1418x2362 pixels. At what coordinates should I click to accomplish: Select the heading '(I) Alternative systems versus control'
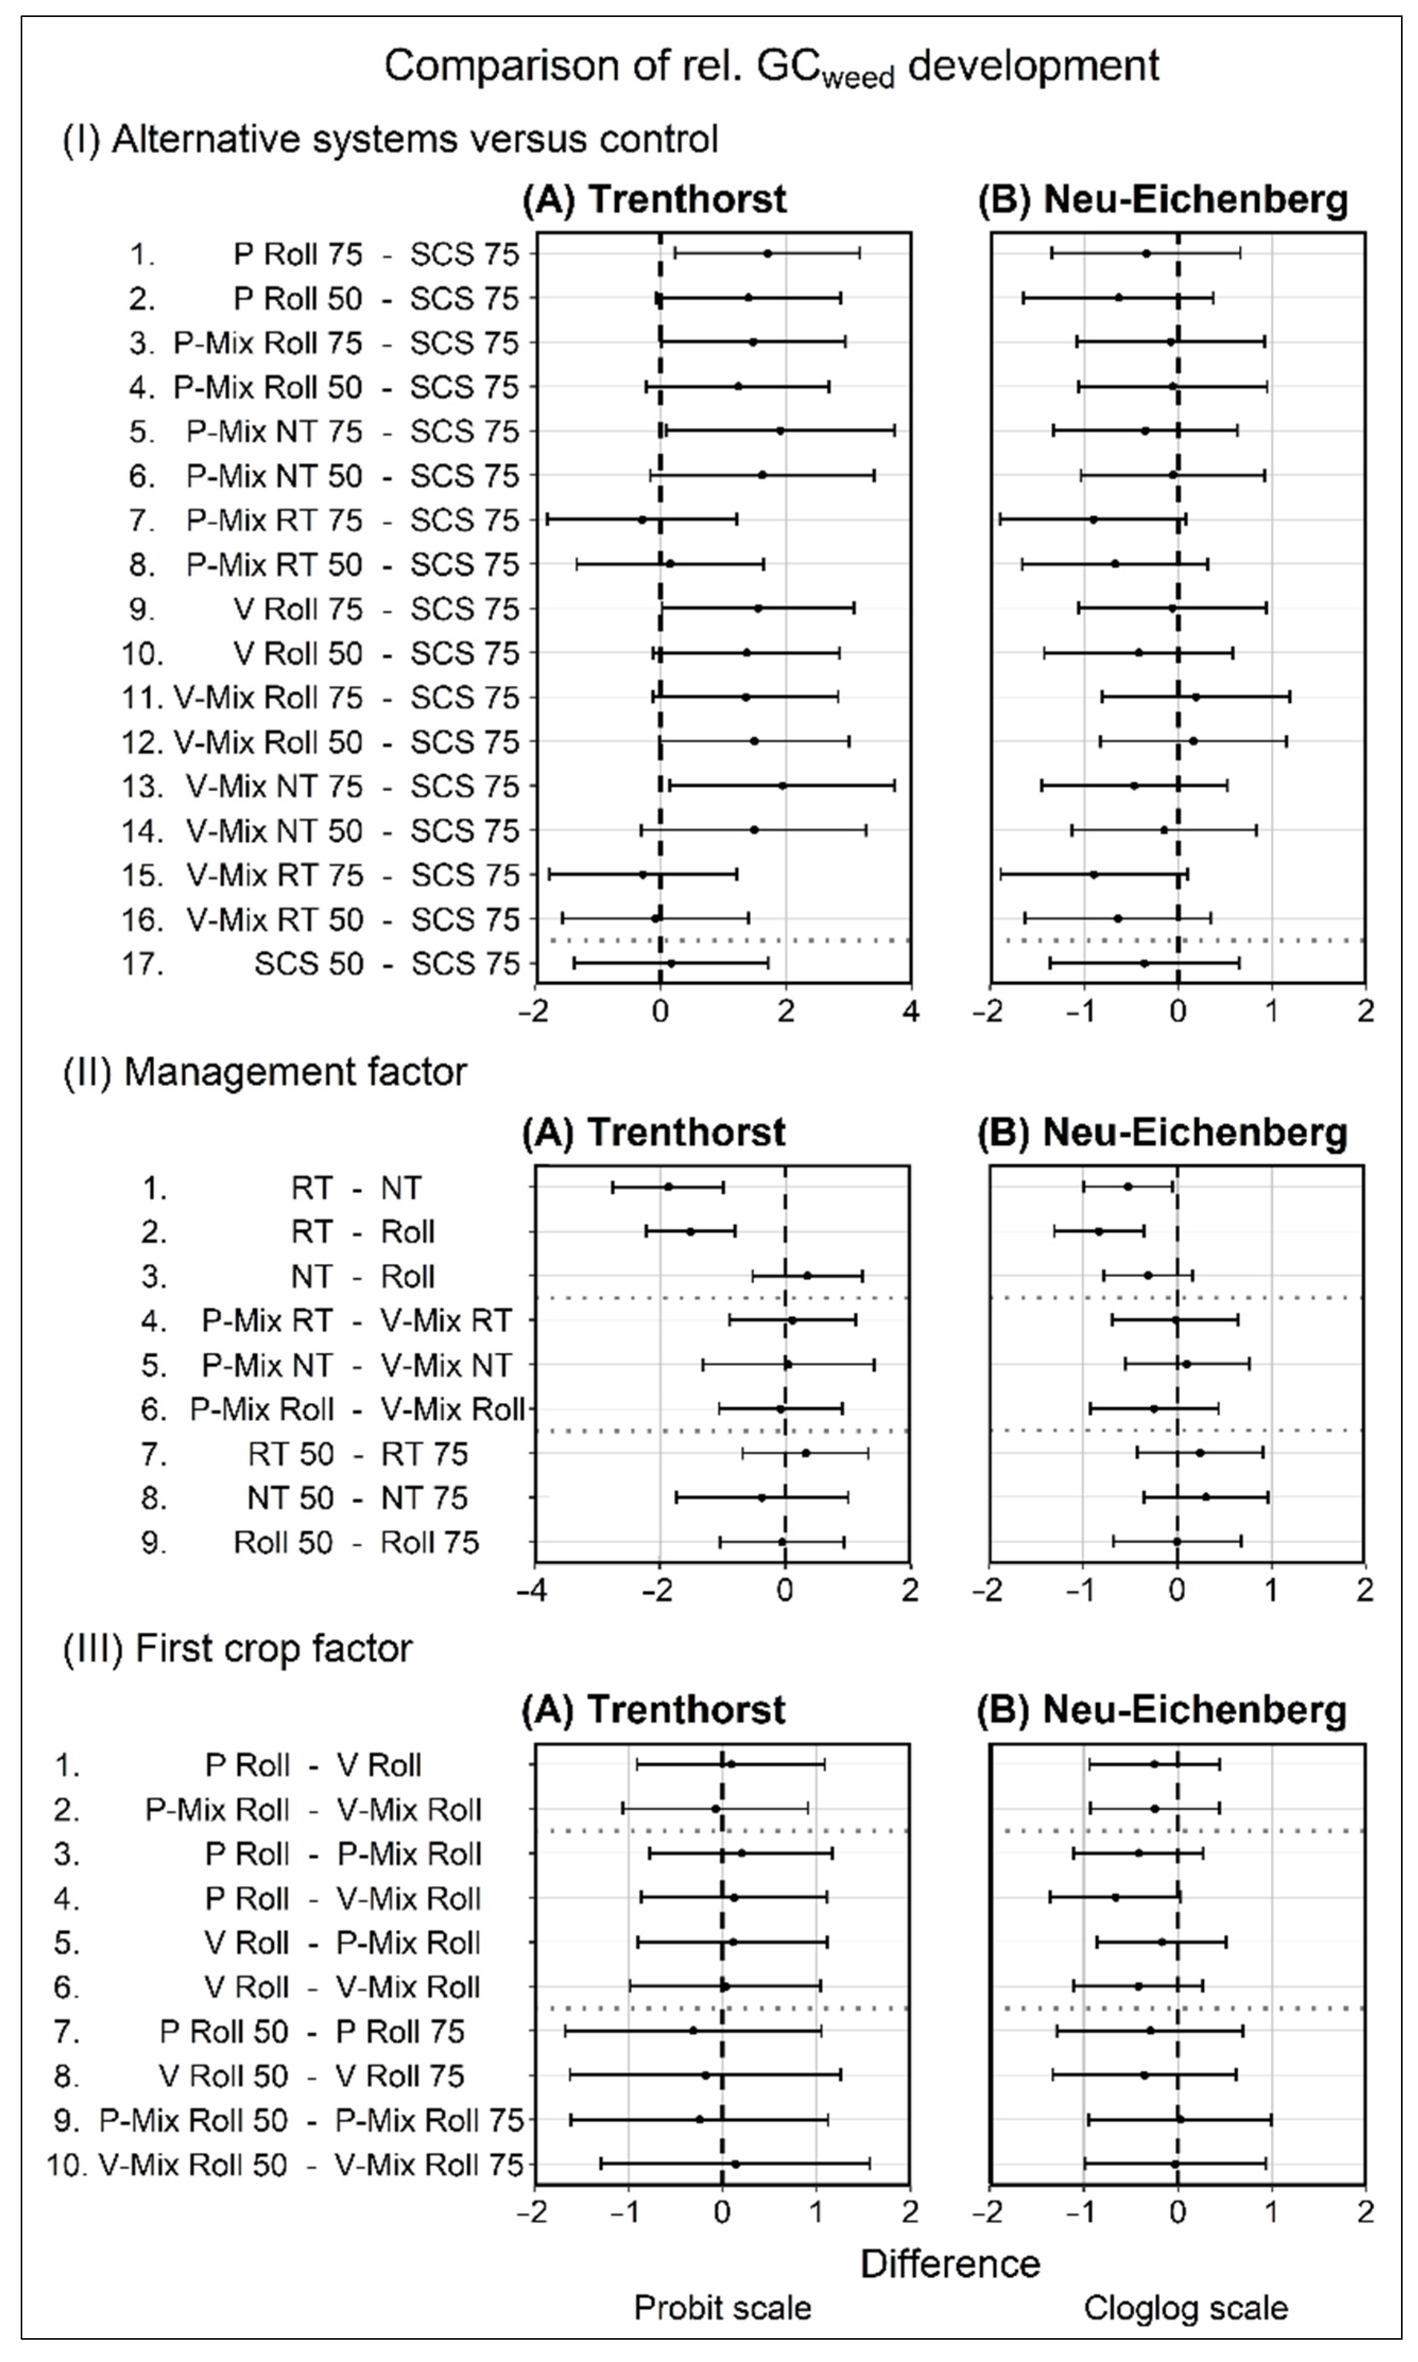(390, 140)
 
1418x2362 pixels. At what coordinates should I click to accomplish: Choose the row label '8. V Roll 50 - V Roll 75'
(258, 2076)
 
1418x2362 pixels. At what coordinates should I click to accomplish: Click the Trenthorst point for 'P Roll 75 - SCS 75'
(767, 253)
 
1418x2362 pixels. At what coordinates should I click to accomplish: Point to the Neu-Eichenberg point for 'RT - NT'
(1128, 1186)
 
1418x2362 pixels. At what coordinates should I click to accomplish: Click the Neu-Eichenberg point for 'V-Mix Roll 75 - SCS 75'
(1195, 697)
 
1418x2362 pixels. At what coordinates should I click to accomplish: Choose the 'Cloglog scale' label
(1185, 2307)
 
